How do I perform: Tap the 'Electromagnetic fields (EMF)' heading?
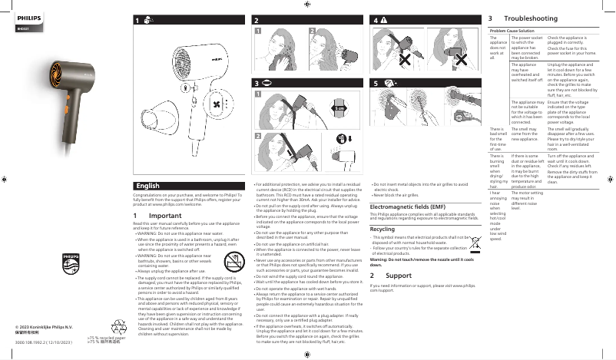click(407, 206)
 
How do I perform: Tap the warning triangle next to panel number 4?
click(383, 18)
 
